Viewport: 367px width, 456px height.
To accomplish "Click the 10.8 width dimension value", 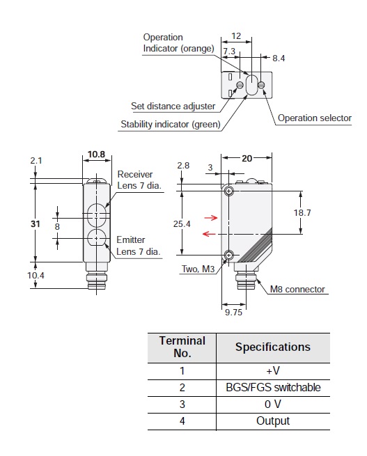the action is [96, 154].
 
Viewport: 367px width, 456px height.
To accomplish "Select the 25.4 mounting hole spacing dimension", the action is [182, 224].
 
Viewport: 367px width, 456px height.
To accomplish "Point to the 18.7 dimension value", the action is [302, 212].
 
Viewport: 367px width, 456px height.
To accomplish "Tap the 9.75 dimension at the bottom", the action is [233, 312].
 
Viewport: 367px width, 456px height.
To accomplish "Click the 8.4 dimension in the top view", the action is [279, 58].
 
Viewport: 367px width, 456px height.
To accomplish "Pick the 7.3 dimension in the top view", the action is [229, 52].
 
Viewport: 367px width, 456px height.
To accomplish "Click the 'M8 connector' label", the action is [297, 289].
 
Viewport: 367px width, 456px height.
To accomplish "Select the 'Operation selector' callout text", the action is [315, 118].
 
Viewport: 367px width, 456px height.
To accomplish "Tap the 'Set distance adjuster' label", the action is [173, 106].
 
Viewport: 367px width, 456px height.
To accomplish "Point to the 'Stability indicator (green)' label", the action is [171, 124].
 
